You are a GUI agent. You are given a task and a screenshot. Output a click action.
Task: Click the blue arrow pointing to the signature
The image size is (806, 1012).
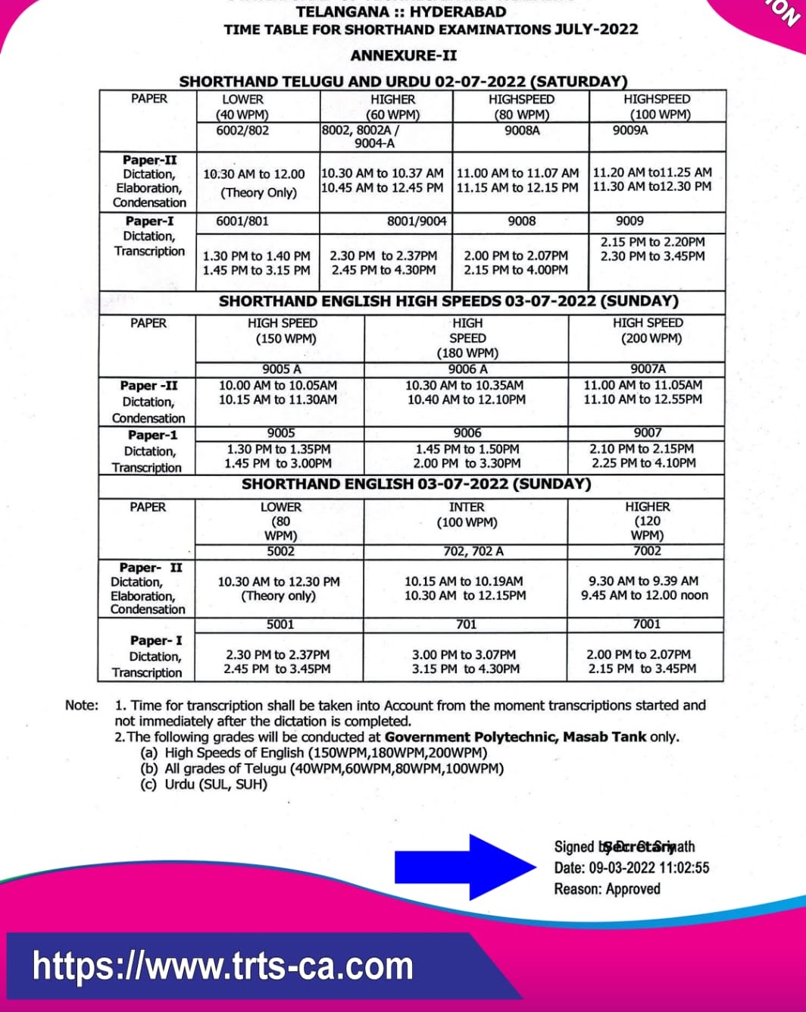464,867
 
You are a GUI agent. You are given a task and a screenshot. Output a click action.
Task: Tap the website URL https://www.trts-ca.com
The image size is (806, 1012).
223,967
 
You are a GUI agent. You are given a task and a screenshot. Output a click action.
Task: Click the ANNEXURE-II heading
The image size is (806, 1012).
403,55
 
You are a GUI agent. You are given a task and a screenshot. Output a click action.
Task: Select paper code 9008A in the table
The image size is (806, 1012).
522,130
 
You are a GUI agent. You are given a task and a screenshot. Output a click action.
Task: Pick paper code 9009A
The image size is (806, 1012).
630,130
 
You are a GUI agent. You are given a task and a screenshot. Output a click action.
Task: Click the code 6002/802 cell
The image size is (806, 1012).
242,130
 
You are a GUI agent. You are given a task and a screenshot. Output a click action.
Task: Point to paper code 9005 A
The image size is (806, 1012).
281,369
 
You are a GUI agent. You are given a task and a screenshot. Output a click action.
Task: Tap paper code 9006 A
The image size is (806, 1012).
467,369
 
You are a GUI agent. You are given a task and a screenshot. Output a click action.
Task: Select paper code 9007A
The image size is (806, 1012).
648,369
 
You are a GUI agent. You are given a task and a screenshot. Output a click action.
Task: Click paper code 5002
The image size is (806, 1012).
280,551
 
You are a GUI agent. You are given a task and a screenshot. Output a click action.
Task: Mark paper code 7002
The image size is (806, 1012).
647,551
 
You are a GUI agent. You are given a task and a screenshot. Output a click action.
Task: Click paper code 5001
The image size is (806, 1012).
280,625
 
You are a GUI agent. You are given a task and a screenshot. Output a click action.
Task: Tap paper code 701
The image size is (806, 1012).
466,625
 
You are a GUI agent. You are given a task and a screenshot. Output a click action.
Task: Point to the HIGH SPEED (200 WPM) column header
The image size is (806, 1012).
648,331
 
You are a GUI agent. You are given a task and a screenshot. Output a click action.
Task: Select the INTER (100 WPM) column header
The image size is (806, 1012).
467,514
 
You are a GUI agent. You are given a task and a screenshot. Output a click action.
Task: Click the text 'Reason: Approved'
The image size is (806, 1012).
607,889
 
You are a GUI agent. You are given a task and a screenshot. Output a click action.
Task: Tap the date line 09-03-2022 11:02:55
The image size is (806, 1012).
632,868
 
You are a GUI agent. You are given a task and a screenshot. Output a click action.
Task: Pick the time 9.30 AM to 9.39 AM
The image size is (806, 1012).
643,581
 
